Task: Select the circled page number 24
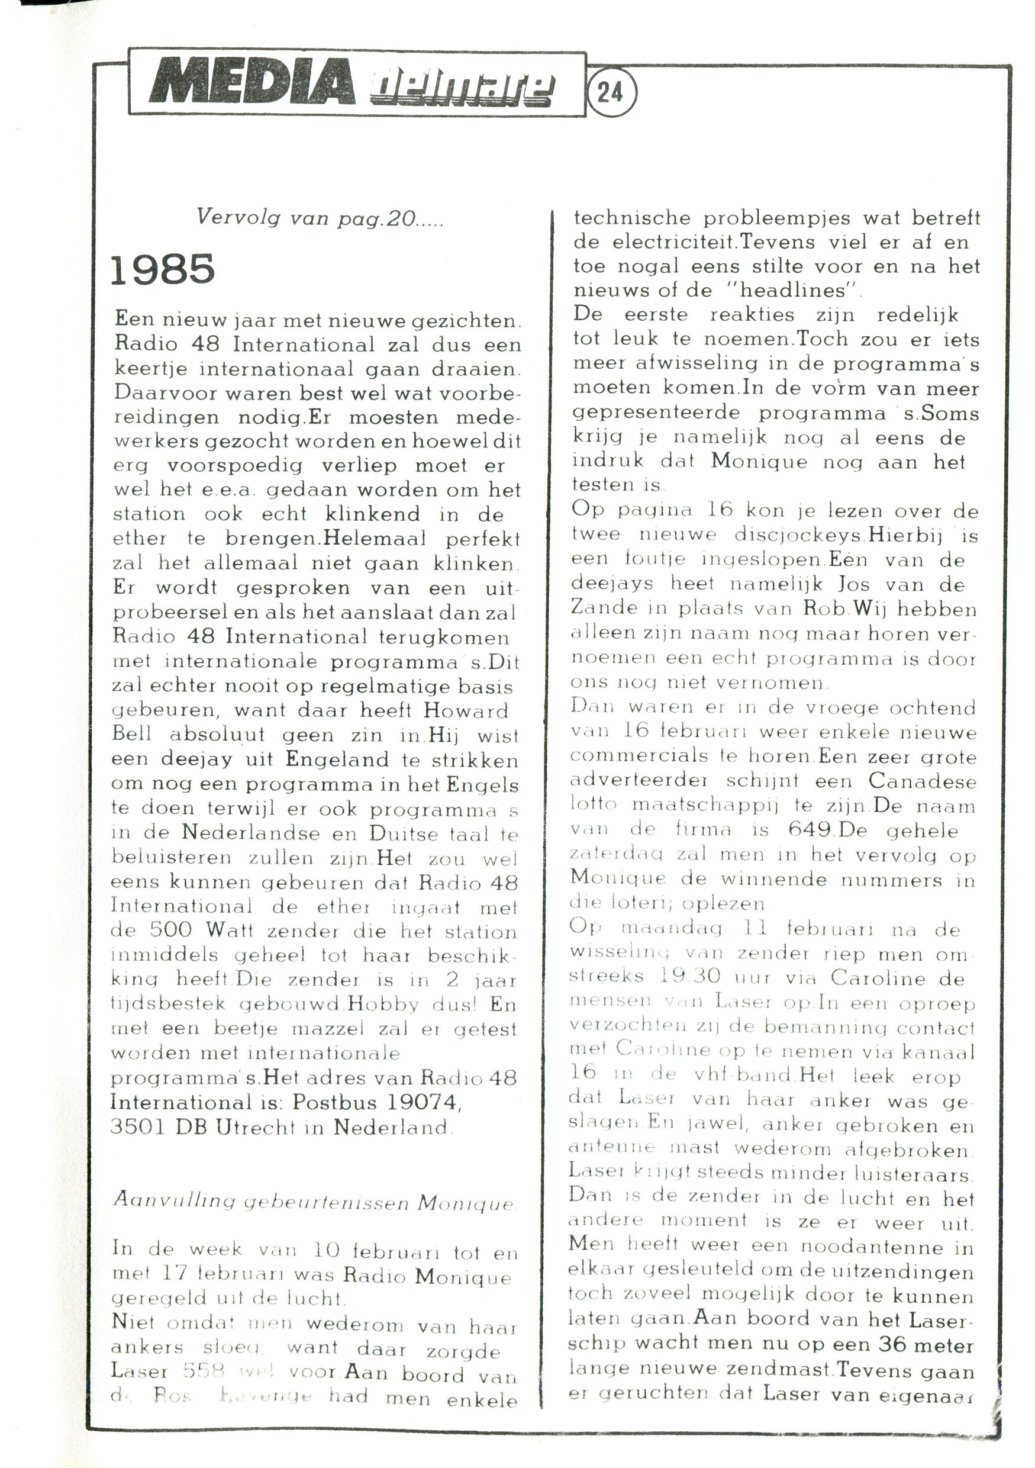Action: click(x=611, y=94)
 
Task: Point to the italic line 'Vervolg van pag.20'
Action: click(x=320, y=218)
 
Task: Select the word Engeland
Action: click(x=337, y=759)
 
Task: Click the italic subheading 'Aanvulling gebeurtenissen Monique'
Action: click(x=313, y=1203)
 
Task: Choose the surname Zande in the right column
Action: click(x=599, y=608)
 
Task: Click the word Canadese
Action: click(x=922, y=781)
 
